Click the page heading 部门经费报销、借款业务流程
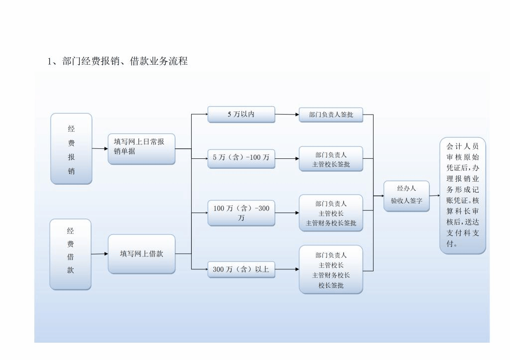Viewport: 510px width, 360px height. point(118,61)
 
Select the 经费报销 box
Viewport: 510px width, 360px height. point(71,149)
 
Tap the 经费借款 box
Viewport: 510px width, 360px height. point(70,254)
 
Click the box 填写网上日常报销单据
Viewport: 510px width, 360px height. point(141,148)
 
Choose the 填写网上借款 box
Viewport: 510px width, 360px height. point(141,254)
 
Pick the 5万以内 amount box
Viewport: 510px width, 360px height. point(241,115)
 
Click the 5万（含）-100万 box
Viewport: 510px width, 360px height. point(241,157)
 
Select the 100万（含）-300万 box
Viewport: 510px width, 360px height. point(241,213)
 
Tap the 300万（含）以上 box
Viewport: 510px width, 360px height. point(241,269)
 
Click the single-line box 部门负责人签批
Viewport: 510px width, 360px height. point(331,115)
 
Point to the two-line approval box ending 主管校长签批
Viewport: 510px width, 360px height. point(331,159)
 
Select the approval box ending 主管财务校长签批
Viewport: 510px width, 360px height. point(331,213)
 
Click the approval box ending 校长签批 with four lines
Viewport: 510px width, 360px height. point(331,269)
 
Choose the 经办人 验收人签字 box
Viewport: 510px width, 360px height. point(406,196)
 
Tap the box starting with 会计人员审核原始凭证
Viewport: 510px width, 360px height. point(462,196)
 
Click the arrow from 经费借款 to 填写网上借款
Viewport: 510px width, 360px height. point(100,254)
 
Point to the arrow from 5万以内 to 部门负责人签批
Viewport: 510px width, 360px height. point(287,115)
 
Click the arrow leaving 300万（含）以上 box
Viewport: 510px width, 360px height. point(287,269)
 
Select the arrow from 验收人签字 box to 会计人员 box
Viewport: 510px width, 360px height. point(435,196)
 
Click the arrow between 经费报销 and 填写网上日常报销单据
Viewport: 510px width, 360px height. point(100,148)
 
